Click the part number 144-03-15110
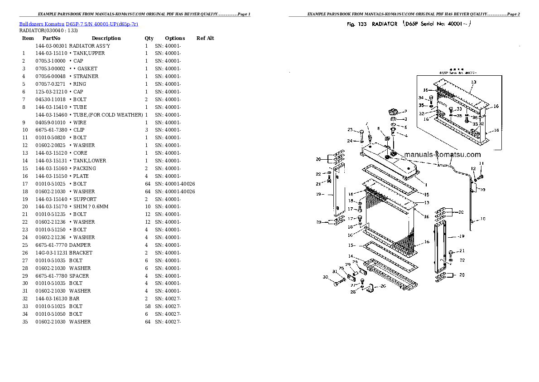click(51, 53)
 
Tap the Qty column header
click(149, 38)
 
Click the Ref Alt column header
click(205, 38)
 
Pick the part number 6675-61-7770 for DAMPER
click(51, 245)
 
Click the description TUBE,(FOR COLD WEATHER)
click(106, 115)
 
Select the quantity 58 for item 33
click(147, 306)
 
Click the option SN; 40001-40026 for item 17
click(175, 184)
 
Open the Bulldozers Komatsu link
click(42, 24)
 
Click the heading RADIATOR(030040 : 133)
click(48, 30)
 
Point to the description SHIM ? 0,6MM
click(89, 206)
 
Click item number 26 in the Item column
click(25, 253)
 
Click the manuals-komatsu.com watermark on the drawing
click(442, 155)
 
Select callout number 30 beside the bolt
click(325, 277)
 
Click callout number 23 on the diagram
click(350, 130)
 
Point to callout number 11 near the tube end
click(481, 163)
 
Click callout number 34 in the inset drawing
click(421, 98)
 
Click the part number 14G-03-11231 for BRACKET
click(51, 253)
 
